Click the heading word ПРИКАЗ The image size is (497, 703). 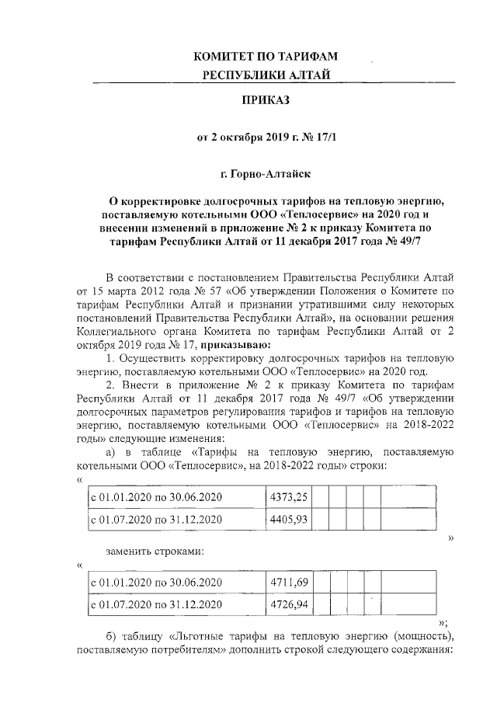[268, 100]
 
